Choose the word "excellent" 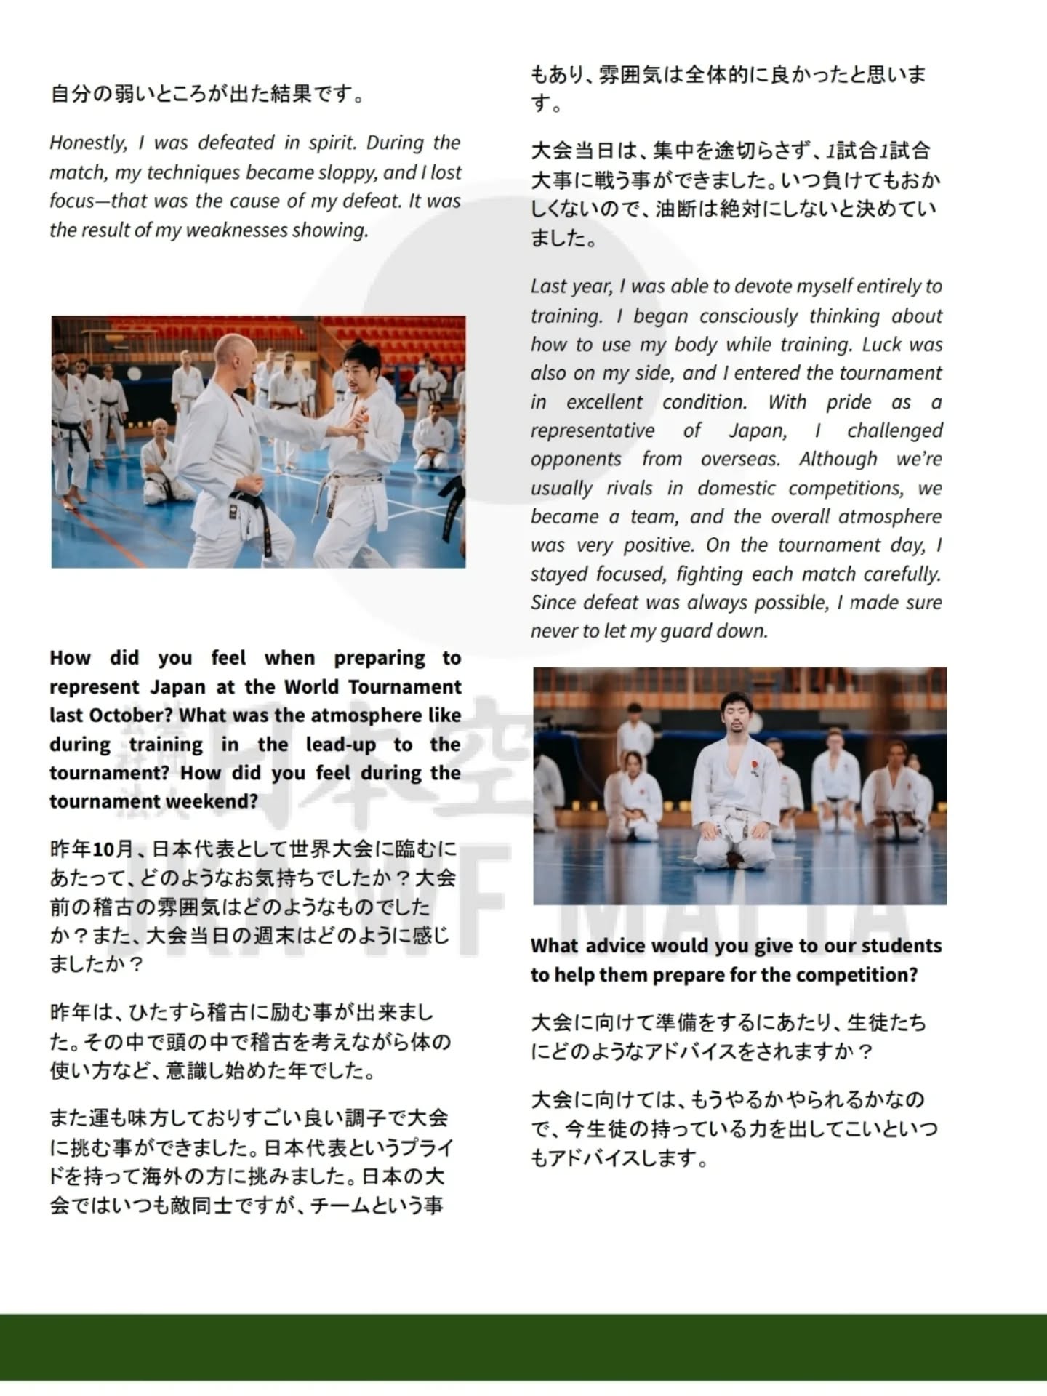(x=604, y=402)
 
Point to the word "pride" (x=849, y=402)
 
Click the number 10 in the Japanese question (x=104, y=849)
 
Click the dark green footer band (x=523, y=1346)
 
